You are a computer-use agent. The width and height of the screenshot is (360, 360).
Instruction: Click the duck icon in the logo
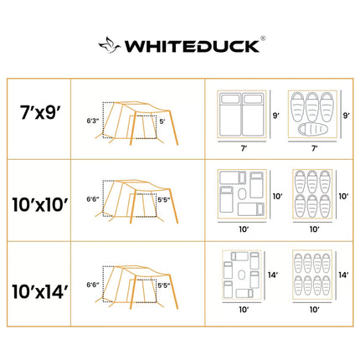tap(110, 45)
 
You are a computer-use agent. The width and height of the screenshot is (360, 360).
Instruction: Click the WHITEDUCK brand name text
tap(192, 46)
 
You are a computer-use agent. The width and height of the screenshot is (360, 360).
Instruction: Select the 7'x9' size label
tap(40, 112)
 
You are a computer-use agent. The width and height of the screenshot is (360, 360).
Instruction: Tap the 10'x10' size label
tap(40, 204)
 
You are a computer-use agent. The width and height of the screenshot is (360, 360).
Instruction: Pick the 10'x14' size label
tap(40, 291)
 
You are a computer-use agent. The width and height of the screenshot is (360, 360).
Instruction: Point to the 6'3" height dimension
tap(93, 121)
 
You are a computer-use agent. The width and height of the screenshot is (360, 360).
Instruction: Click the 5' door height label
tap(162, 121)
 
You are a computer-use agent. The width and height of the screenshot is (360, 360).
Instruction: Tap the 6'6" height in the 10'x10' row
tap(93, 199)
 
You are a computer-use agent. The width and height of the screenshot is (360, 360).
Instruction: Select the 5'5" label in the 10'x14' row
tap(164, 285)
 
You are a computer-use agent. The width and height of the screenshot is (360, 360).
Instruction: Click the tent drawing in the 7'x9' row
tap(136, 123)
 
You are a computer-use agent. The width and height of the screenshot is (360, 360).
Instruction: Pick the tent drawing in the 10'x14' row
tap(136, 287)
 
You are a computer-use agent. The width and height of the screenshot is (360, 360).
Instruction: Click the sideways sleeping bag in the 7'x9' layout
tap(312, 129)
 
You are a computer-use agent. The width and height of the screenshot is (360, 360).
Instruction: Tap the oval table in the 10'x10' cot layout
tap(242, 194)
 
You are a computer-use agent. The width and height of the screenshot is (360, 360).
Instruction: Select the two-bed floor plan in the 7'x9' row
tap(242, 115)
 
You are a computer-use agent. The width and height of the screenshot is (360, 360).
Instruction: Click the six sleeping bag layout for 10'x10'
tap(312, 194)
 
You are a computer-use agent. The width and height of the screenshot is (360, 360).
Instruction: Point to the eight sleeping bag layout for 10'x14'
tap(312, 275)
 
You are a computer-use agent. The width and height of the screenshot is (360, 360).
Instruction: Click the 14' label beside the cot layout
tap(273, 275)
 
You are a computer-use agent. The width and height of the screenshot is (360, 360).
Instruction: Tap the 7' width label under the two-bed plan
tap(244, 148)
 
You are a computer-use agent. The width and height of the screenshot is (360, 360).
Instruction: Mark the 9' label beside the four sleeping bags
tap(347, 116)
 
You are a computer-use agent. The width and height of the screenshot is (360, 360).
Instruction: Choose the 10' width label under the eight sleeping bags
tap(314, 310)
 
